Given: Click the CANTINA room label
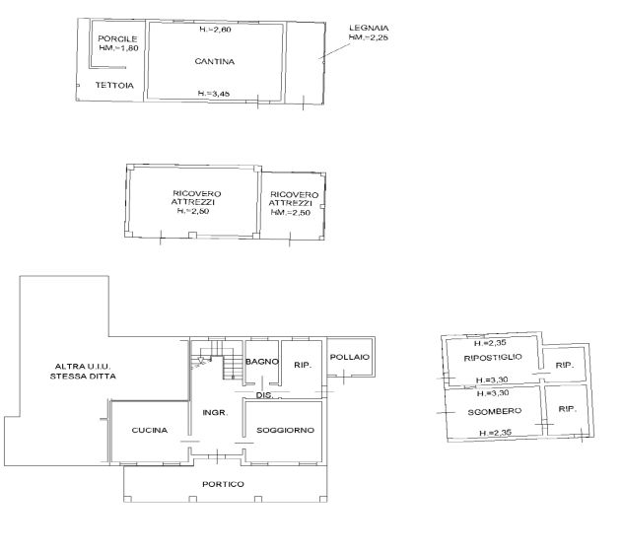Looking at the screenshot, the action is (x=214, y=61).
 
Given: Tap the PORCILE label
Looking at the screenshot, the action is (x=117, y=39).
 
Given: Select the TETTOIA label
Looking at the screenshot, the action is (x=114, y=85).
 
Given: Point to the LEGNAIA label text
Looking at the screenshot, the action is (x=369, y=28).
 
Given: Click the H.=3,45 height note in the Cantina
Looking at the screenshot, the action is (x=214, y=94).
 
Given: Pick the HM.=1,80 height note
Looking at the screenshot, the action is (x=118, y=48).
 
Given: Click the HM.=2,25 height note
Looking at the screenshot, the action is (x=369, y=37).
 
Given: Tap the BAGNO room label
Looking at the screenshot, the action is (x=262, y=362).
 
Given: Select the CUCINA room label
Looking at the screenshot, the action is (x=150, y=430).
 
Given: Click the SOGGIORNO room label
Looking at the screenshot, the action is (x=285, y=430).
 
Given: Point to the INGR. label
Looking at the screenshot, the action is (x=215, y=412).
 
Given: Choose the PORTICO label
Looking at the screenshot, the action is (x=223, y=484).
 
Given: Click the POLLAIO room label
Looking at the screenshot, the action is (x=350, y=357).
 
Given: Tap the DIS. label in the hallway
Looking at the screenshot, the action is (x=264, y=395).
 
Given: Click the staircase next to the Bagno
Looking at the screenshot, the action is (x=217, y=359).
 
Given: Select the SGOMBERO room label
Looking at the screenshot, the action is (x=495, y=411).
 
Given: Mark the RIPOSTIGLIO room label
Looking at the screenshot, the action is (x=493, y=357).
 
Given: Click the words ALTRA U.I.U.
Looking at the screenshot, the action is (x=83, y=367).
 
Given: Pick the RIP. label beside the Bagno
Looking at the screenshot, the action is (x=303, y=365).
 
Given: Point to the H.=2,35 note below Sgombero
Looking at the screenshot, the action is (x=496, y=433).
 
